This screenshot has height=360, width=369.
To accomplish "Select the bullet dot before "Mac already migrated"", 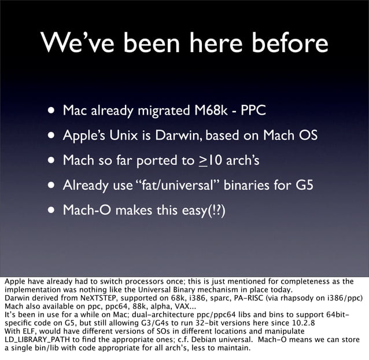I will [52, 110].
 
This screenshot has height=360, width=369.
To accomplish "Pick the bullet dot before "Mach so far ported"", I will [52, 160].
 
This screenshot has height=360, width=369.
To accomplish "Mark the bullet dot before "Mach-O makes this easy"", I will [52, 211].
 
